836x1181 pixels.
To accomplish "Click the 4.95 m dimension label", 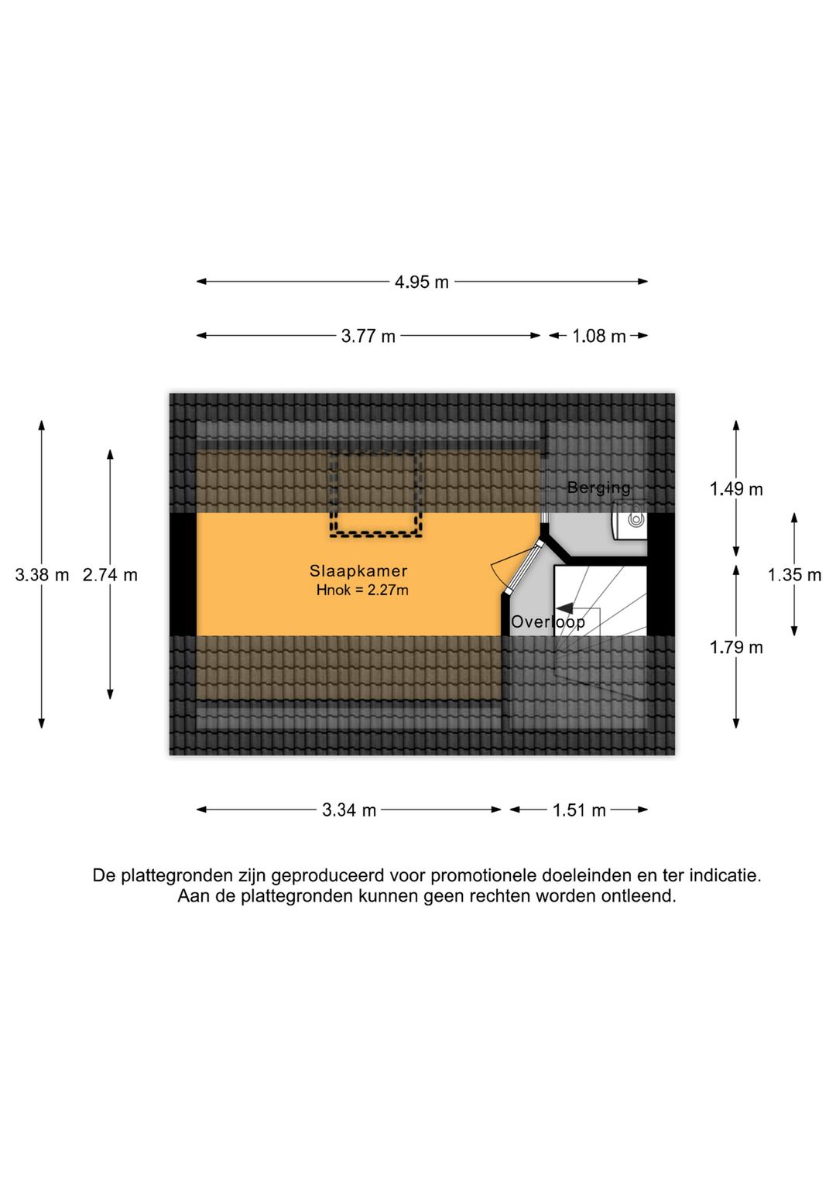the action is coord(421,282).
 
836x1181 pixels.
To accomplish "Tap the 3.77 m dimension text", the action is coord(368,336).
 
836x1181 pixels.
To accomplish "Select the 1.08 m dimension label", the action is coord(598,336).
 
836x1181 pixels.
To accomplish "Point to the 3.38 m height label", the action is coord(43,574).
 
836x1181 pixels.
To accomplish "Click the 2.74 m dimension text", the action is coord(110,574).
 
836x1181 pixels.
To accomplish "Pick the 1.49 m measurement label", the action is coord(736,489).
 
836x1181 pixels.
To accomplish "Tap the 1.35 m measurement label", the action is coord(794,575).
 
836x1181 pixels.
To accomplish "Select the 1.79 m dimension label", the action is coord(736,647).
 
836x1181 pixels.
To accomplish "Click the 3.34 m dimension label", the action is coord(349,810).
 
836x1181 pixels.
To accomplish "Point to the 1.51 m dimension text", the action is coord(579,810).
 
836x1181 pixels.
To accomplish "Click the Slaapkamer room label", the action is coord(358,571).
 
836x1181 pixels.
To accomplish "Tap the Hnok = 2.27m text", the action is coord(362,590).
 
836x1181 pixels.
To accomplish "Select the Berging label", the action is coord(598,488).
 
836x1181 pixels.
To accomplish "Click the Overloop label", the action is coord(548,622).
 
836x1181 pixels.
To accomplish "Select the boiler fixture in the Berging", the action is coord(630,520).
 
